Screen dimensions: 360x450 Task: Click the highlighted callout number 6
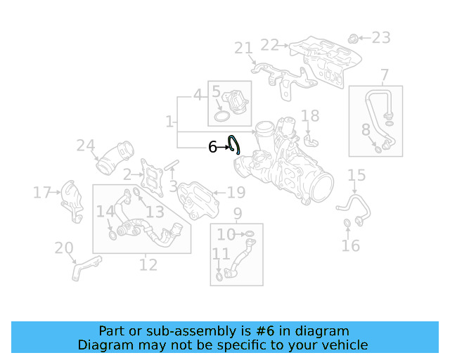(212, 147)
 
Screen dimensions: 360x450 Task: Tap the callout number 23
(380, 37)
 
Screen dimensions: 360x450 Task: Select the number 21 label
(243, 48)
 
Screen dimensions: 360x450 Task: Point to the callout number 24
(86, 146)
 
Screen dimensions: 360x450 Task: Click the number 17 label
(42, 192)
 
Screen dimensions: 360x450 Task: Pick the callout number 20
(64, 247)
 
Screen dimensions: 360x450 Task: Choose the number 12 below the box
(148, 264)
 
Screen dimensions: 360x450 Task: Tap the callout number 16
(350, 245)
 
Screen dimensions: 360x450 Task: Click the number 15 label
(356, 175)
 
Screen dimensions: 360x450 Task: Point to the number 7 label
(385, 75)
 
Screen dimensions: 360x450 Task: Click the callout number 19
(236, 192)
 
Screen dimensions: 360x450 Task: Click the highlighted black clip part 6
(235, 144)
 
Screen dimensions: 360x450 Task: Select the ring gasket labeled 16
(347, 224)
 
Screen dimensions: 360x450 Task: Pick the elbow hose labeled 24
(115, 158)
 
